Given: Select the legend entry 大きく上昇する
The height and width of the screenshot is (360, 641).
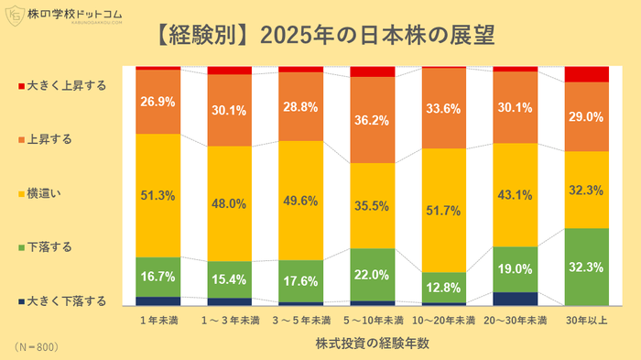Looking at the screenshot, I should point(60,85).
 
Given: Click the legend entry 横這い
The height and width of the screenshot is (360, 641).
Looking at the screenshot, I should point(46,193).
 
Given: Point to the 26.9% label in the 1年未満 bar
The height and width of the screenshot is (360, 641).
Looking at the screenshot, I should point(158,101).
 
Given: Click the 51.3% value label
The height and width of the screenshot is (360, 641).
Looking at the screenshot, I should point(158,196).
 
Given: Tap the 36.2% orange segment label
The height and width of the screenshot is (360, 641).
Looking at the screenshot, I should point(373,119).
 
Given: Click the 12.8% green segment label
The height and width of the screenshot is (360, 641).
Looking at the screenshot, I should point(444,288).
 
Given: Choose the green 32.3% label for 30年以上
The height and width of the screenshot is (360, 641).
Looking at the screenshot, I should point(587,267).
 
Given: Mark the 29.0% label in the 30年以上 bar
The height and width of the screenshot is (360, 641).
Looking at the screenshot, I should point(587,117).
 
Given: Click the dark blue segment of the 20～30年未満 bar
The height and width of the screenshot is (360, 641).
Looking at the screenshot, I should point(516,299).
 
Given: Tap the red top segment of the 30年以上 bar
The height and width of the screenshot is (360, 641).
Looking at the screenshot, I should point(587,74).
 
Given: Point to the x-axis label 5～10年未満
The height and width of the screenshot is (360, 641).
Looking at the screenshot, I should point(373,321).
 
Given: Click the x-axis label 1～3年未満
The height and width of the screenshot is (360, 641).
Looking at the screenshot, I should point(229,321).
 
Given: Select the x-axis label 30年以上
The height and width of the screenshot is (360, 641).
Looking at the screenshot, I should point(587,321).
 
